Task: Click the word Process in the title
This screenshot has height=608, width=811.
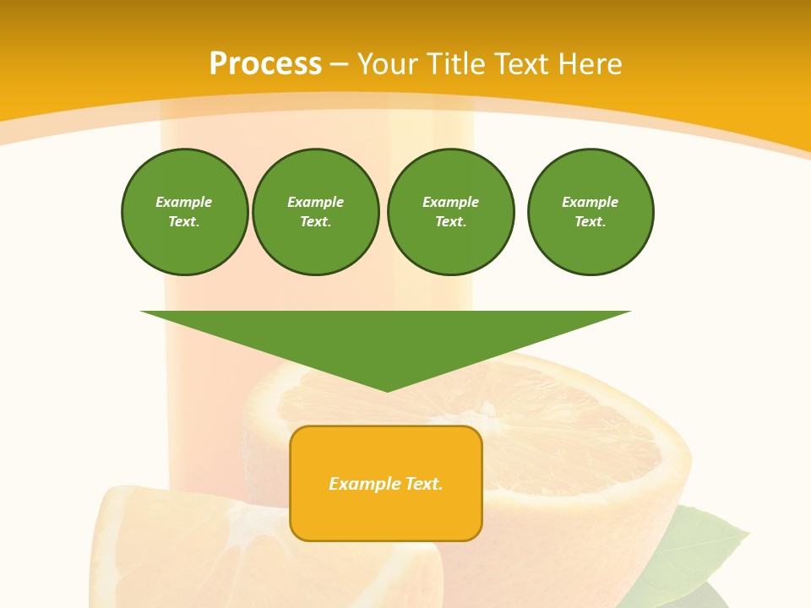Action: point(265,64)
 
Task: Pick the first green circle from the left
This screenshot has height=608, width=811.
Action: point(184,212)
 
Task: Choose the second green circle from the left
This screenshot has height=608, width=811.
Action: point(315,212)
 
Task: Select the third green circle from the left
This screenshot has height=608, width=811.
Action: point(450,212)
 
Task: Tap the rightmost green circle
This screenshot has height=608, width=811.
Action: point(590,212)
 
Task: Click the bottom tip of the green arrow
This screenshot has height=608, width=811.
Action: point(387,389)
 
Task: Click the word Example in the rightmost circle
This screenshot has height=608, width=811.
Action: point(590,202)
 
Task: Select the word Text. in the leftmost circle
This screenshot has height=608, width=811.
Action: point(184,222)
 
